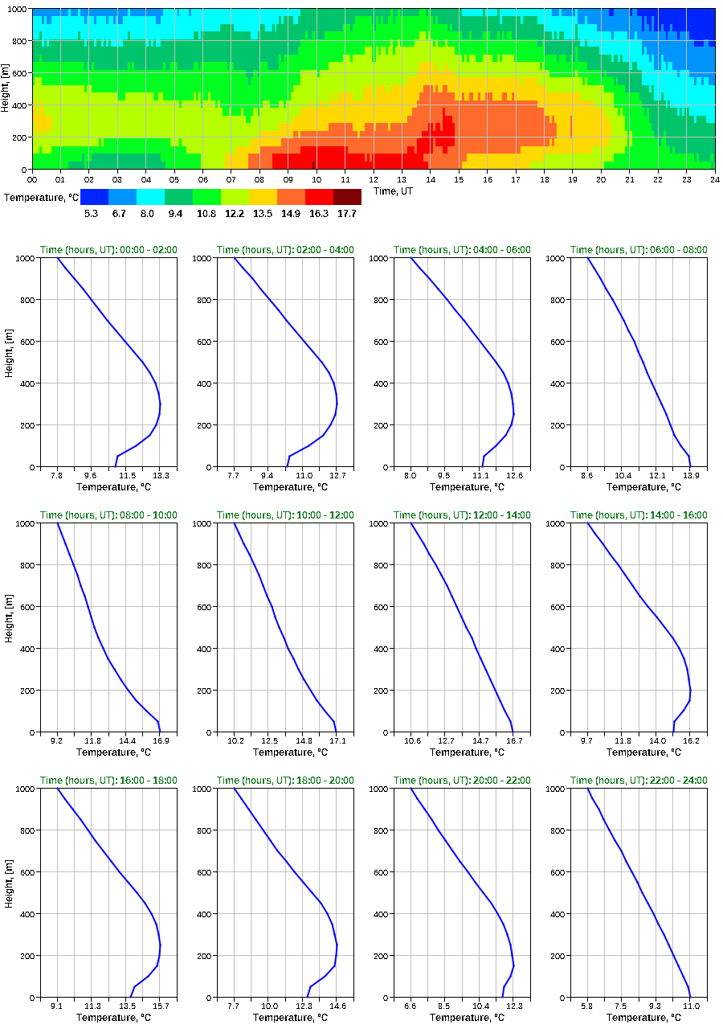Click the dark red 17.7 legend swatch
(347, 197)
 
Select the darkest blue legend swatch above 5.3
(94, 197)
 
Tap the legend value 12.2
(235, 214)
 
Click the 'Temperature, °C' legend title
(40, 197)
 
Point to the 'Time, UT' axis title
(397, 191)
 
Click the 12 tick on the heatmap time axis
(374, 179)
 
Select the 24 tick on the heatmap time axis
(714, 179)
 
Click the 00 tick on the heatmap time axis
(32, 179)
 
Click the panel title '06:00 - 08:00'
(639, 250)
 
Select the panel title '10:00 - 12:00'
(285, 515)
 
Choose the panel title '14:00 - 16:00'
(639, 515)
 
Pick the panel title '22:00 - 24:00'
(639, 781)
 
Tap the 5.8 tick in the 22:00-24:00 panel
(587, 1006)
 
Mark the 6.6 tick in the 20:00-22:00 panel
(411, 1006)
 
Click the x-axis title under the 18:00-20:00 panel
(285, 1018)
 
